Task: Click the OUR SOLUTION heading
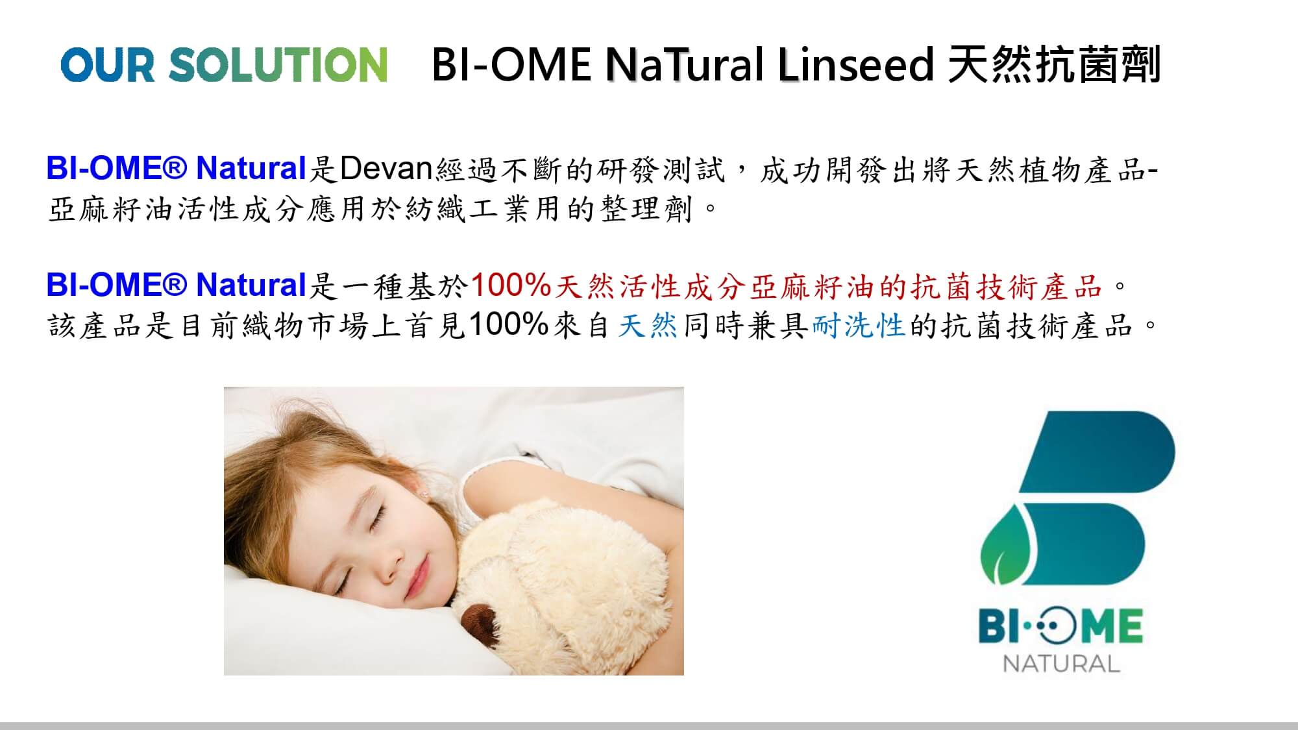224,65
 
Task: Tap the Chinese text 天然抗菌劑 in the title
1053,64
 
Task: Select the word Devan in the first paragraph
386,169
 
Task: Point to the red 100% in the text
511,285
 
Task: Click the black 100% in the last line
509,324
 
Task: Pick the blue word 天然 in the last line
647,325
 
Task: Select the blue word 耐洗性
858,325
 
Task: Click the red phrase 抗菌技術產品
1007,286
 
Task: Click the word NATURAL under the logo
1061,664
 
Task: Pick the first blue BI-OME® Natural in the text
176,169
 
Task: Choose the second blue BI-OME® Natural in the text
176,286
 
